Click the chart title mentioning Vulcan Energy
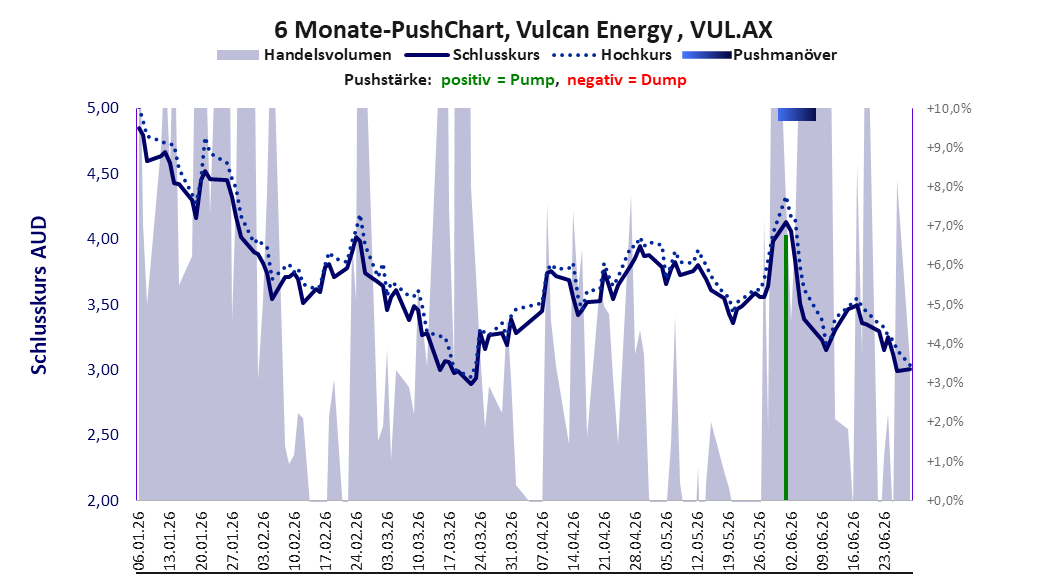pos(523,29)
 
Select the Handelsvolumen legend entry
pos(304,55)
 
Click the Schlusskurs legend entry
pos(472,55)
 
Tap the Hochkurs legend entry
pos(612,55)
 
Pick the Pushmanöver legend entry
pos(759,55)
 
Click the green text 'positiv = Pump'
pos(497,80)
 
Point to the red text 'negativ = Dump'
pos(627,80)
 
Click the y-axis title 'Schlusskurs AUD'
pos(39,295)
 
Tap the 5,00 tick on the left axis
pos(103,108)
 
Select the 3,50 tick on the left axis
pos(103,305)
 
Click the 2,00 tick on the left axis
pos(103,501)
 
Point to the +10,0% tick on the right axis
pos(949,108)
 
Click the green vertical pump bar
pos(786,368)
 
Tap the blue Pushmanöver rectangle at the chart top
pos(797,115)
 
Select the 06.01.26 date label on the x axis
pos(139,540)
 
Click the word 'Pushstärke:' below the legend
pos(388,80)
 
